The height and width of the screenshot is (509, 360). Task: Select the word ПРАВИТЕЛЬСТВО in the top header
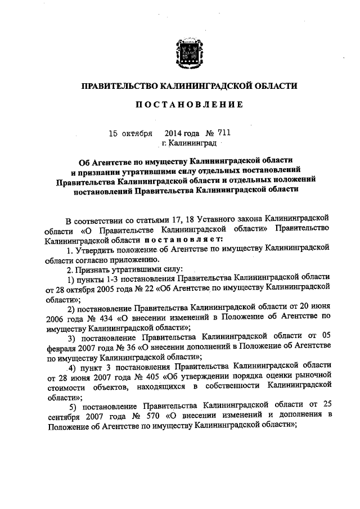[x=118, y=86]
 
